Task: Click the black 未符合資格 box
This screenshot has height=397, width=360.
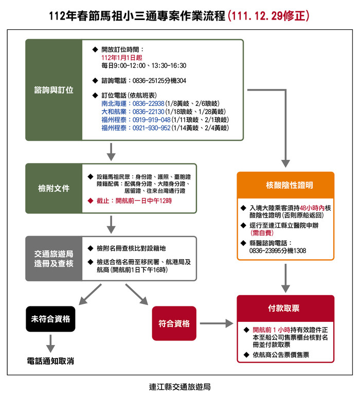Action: click(50, 319)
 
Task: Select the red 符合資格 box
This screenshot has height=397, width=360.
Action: click(174, 323)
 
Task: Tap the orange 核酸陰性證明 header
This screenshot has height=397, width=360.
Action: click(285, 185)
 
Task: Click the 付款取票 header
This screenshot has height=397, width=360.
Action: click(285, 309)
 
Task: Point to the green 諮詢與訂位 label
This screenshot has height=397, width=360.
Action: click(53, 90)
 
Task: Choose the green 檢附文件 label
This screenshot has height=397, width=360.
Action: click(53, 188)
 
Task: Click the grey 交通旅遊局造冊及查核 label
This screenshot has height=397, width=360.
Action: click(53, 259)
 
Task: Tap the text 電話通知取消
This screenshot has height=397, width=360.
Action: click(50, 361)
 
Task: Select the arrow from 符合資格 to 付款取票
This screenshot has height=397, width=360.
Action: click(217, 323)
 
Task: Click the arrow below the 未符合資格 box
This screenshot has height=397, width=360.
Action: click(50, 344)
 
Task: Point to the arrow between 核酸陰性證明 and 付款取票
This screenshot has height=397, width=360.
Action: click(285, 278)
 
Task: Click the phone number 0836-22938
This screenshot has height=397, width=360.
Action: click(148, 103)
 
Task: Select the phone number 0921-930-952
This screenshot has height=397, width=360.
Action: click(151, 128)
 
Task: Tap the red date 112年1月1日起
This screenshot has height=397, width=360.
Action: click(122, 58)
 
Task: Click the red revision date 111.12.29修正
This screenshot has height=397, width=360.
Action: click(268, 16)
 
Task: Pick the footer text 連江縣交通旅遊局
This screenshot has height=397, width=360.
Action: click(180, 387)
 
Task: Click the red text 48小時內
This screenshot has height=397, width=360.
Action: click(312, 208)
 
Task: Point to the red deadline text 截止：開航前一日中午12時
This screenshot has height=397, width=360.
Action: click(134, 201)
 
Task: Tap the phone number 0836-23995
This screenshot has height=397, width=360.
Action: click(265, 250)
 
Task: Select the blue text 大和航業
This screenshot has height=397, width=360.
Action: click(114, 112)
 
